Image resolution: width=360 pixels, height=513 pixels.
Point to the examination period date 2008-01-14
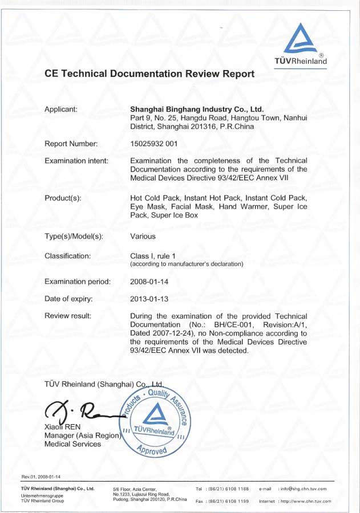149,282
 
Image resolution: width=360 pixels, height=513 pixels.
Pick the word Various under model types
143,236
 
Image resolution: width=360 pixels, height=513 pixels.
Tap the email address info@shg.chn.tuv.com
302,488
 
